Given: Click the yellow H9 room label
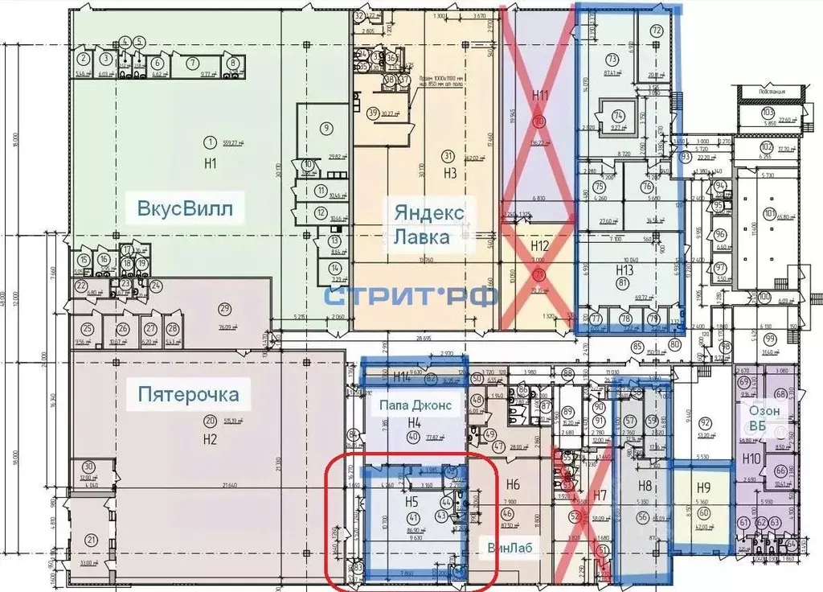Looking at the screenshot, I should (x=704, y=487).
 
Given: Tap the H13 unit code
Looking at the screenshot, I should (x=624, y=269).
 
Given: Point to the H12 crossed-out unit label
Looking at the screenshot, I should (x=539, y=245).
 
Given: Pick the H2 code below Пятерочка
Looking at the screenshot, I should (x=210, y=439).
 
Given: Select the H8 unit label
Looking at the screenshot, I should (x=645, y=485).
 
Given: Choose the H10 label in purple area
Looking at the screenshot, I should (x=751, y=458).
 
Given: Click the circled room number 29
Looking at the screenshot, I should (x=224, y=308).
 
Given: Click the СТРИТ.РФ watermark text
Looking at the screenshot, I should (x=411, y=294).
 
